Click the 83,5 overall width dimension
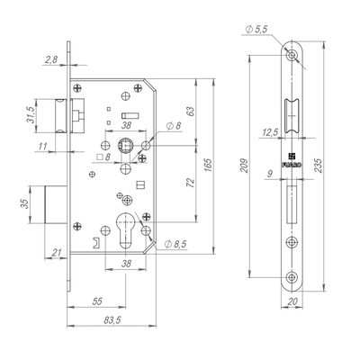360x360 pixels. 112,320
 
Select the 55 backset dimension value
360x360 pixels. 97,301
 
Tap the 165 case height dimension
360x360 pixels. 208,165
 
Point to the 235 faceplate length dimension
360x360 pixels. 319,166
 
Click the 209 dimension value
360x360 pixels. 245,165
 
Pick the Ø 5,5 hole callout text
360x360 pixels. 256,29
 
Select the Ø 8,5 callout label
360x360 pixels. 175,244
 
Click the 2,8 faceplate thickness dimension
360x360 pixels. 51,59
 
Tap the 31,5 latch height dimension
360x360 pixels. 30,115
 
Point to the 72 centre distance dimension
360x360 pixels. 191,183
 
